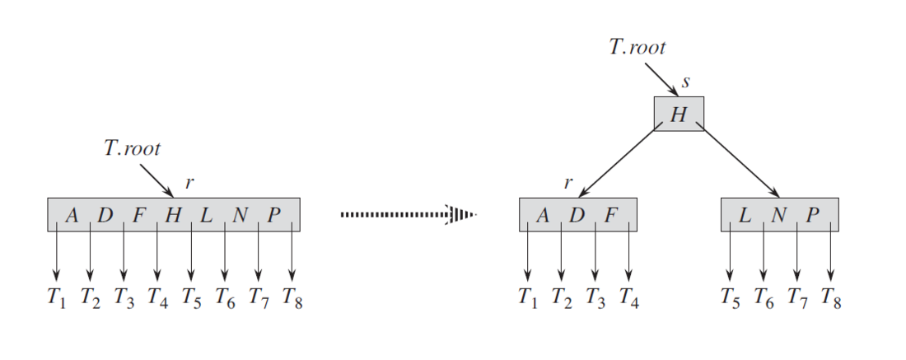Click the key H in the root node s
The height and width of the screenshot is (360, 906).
click(679, 115)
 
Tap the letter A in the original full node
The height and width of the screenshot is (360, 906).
click(72, 216)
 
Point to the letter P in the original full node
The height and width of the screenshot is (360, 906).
click(275, 216)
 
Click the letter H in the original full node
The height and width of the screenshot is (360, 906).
click(173, 216)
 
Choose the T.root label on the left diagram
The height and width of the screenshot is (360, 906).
click(133, 149)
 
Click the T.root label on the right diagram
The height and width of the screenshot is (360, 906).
click(637, 47)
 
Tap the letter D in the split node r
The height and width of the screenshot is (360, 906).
click(577, 216)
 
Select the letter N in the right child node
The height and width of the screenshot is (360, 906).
click(779, 216)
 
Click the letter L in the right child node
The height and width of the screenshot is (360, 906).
click(745, 216)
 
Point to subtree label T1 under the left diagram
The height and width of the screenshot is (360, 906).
click(57, 298)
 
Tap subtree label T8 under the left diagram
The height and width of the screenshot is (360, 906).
click(292, 298)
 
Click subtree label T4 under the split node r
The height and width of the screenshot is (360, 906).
click(628, 298)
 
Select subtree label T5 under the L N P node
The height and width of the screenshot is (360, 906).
click(730, 298)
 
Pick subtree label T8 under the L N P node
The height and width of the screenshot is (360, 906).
click(831, 298)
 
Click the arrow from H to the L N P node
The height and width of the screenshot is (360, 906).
click(740, 161)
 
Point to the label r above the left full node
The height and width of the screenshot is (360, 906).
click(189, 183)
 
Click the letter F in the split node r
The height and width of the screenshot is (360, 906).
click(610, 216)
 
